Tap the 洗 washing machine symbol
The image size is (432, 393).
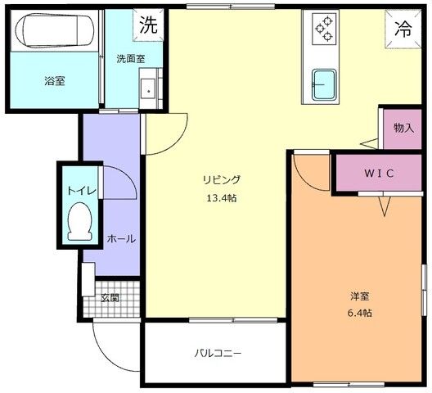[x=148, y=25]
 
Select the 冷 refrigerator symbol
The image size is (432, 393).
[x=403, y=29]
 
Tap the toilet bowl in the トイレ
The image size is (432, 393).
[x=79, y=222]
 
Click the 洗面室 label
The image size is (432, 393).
[x=129, y=59]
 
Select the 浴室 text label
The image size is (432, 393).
[x=54, y=81]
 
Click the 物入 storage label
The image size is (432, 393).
[x=403, y=128]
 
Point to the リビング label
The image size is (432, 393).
[x=222, y=180]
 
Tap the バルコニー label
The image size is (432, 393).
[x=218, y=354]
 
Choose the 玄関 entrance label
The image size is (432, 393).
[x=110, y=297]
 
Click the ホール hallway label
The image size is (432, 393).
[x=121, y=239]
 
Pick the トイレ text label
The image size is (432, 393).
[x=82, y=191]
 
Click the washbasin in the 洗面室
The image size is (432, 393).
[x=148, y=88]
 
